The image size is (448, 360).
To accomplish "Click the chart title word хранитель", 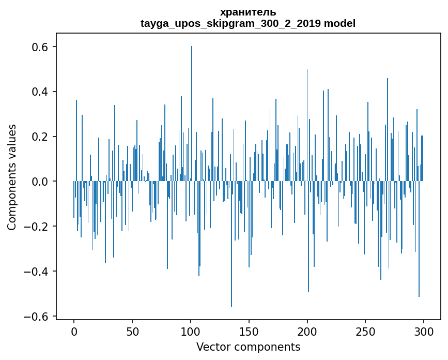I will coord(248,12).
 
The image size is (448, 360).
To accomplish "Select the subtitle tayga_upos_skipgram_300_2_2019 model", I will coord(248,23).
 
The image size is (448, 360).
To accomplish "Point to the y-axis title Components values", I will coord(12,177).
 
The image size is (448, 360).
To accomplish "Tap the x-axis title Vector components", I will coord(248,347).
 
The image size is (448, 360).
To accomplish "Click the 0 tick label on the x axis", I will coord(74,331).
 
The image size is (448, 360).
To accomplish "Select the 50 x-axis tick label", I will coord(132,331).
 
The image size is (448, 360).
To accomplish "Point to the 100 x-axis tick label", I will coord(191,331).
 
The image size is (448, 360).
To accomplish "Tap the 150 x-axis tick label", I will coord(249,331).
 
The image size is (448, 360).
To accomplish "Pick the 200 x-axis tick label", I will coord(307,331).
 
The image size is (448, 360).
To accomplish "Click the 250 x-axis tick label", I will coord(366,331).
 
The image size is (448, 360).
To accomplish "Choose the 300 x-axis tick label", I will coord(424,331).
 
